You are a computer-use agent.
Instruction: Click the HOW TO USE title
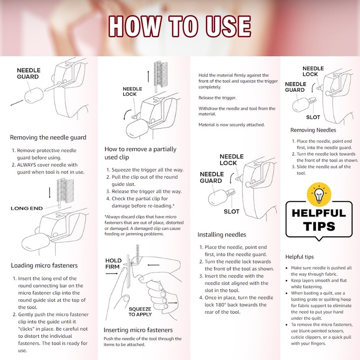(180, 26)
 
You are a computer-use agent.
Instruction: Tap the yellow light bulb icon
(319, 195)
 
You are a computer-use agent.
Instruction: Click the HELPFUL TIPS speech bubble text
(319, 220)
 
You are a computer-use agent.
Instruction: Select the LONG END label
(27, 208)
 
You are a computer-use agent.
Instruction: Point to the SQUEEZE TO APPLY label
(140, 311)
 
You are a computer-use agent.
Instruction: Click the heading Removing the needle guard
(48, 137)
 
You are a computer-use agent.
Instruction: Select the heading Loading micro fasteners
(44, 265)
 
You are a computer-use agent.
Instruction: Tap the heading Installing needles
(222, 234)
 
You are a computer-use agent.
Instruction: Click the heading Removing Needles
(313, 130)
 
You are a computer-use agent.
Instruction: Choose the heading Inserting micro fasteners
(138, 330)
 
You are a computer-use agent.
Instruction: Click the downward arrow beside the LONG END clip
(49, 193)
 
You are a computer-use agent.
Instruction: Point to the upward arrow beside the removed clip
(148, 76)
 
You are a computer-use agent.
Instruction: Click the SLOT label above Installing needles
(231, 211)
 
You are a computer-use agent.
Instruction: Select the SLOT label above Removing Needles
(313, 117)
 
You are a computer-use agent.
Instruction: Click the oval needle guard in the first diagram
(34, 95)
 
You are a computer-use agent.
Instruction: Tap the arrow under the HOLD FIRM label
(112, 274)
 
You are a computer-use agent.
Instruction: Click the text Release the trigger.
(217, 98)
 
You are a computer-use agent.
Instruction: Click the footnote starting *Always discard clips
(144, 225)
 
